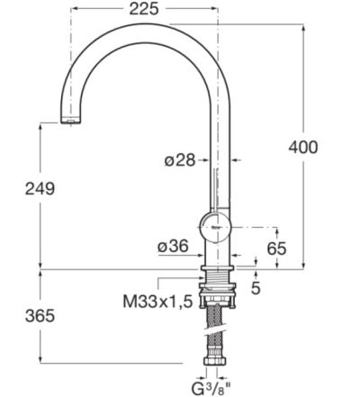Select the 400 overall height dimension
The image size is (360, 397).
click(302, 147)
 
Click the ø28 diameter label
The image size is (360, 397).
click(180, 159)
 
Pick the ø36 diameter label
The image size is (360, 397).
click(172, 244)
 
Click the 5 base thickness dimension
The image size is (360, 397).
click(256, 288)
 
